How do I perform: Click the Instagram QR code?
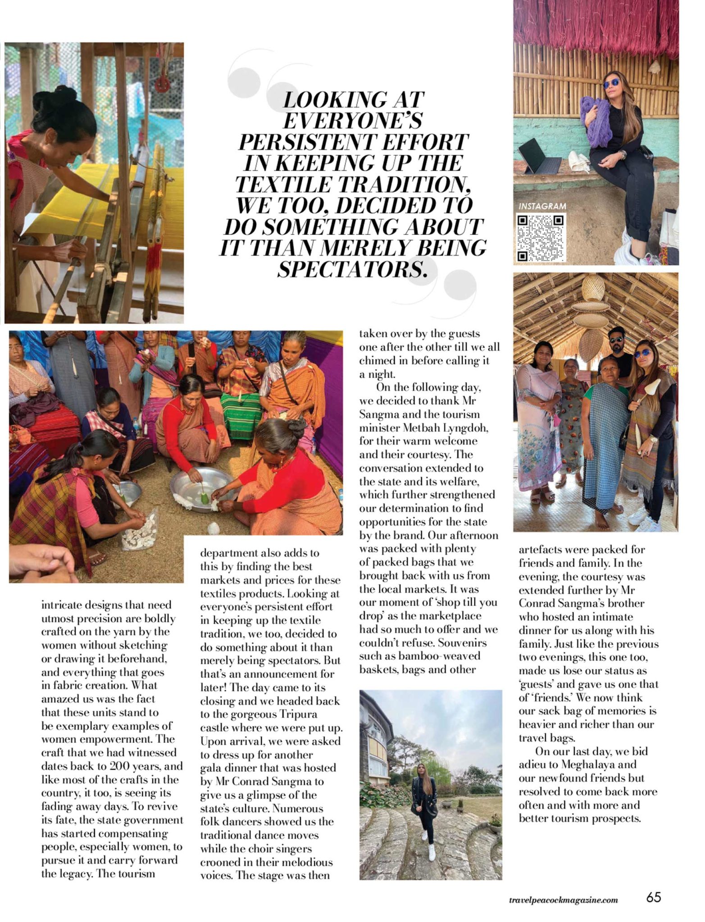540,238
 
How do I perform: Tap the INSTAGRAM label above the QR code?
542,206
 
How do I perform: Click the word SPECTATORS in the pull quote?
352,269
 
